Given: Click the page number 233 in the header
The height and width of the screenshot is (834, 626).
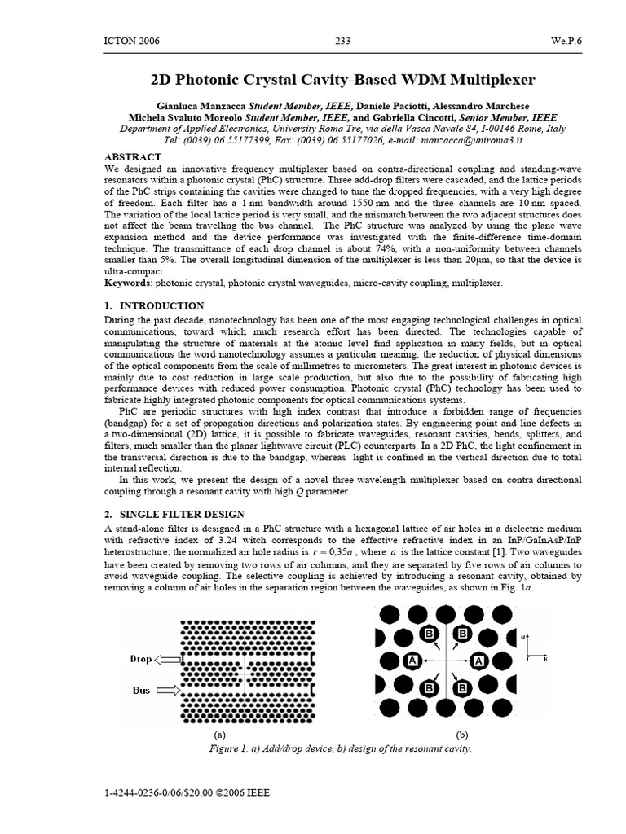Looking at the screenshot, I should (x=343, y=41).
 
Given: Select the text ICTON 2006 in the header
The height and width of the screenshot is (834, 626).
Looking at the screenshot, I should (x=132, y=41).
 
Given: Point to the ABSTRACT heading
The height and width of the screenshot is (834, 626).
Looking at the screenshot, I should (x=133, y=156).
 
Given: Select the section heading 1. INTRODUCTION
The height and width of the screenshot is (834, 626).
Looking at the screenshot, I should (x=154, y=305).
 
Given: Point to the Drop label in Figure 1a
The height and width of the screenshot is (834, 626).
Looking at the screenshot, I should (x=141, y=659).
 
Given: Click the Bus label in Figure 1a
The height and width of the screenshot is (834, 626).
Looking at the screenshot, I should (x=142, y=690).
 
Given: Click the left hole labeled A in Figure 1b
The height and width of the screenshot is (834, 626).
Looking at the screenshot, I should (x=412, y=660).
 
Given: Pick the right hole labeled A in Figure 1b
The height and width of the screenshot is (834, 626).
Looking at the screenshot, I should (x=479, y=660).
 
